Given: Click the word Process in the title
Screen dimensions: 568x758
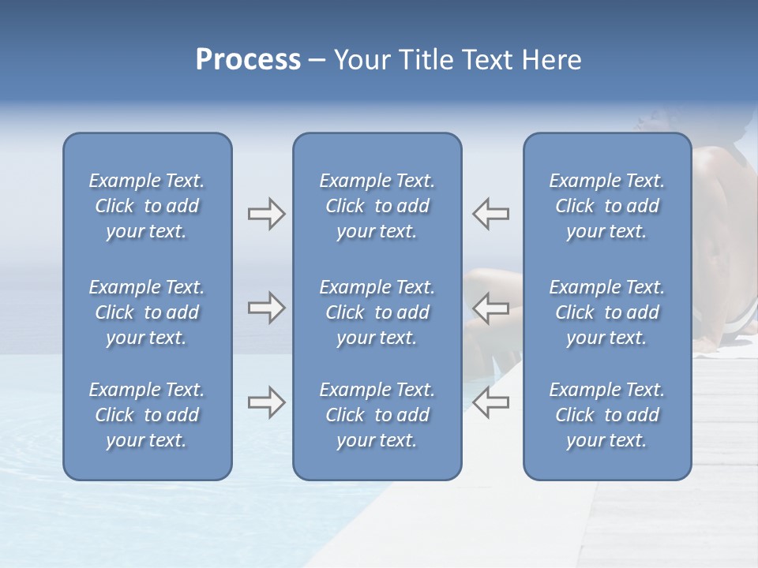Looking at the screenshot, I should click(248, 60).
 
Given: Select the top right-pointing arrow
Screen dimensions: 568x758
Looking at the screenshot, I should click(266, 214).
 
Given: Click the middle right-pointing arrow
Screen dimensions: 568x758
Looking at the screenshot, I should click(266, 308).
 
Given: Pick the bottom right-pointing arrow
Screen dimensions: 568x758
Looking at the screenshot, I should click(266, 402).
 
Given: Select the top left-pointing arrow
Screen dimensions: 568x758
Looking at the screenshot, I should click(490, 214).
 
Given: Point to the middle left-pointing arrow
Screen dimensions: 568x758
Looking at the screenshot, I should click(490, 308).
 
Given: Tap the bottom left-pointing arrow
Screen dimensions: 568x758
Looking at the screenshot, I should click(490, 402).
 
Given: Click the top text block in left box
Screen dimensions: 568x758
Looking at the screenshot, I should click(147, 206).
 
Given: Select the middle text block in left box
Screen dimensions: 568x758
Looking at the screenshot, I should click(147, 312).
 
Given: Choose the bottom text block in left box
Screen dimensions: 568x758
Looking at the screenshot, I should click(147, 415).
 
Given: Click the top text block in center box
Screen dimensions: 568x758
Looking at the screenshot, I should click(377, 206).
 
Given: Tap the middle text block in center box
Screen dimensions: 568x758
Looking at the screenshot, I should click(377, 312).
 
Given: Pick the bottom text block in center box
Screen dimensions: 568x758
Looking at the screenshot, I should click(377, 415).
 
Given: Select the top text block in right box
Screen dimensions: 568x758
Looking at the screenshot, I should click(607, 206).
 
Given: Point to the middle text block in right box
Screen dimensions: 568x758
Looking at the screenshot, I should click(607, 312).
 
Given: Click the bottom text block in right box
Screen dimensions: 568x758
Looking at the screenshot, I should click(607, 415).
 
